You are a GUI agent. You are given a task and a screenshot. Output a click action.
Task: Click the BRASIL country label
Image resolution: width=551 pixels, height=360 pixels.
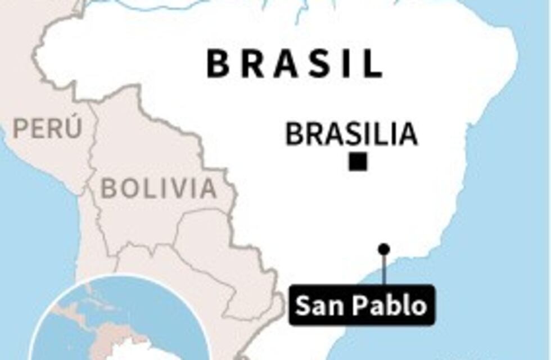pos(295,64)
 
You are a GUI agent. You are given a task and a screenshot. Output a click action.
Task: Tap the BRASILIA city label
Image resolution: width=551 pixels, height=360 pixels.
pos(351,135)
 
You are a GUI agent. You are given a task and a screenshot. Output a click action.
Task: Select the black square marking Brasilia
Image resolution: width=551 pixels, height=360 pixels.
pos(358,162)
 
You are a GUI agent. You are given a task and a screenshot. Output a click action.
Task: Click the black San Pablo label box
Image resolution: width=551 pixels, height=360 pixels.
pos(361,305)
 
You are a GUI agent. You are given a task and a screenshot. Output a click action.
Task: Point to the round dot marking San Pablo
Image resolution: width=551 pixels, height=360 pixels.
pos(384,249)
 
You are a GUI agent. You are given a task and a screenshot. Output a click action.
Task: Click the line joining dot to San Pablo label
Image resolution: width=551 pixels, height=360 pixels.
pos(384,270)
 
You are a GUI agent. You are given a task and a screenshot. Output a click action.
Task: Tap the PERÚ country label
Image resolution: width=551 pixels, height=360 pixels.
pos(48,128)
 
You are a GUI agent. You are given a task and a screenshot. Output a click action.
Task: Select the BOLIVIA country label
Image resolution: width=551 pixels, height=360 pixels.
pos(159,188)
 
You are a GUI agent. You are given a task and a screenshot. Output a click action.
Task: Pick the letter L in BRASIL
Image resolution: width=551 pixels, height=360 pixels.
pos(373,64)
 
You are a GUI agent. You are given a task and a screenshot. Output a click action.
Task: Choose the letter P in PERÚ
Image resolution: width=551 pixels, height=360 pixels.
pos(20,129)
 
